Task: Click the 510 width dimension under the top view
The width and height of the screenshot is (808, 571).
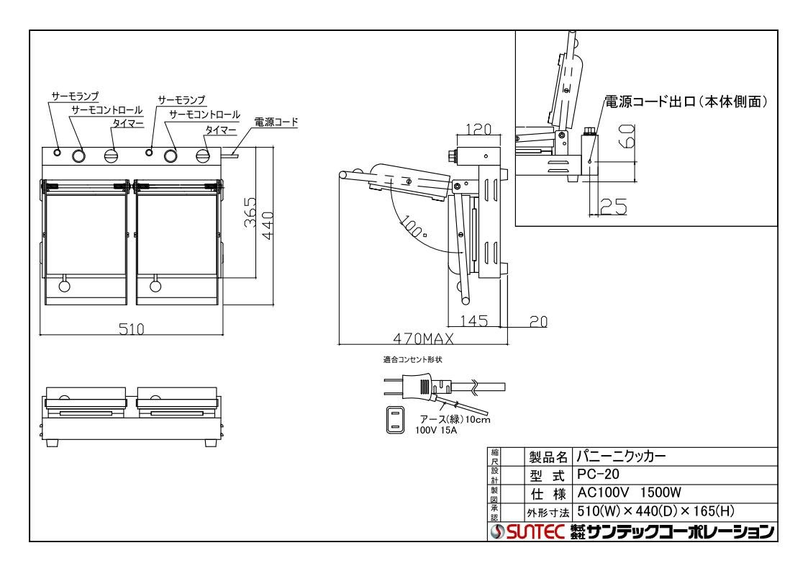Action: (132, 329)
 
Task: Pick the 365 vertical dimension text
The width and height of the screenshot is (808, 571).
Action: (249, 212)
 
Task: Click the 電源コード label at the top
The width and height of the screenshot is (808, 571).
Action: (276, 123)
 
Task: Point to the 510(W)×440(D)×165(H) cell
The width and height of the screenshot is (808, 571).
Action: (655, 511)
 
